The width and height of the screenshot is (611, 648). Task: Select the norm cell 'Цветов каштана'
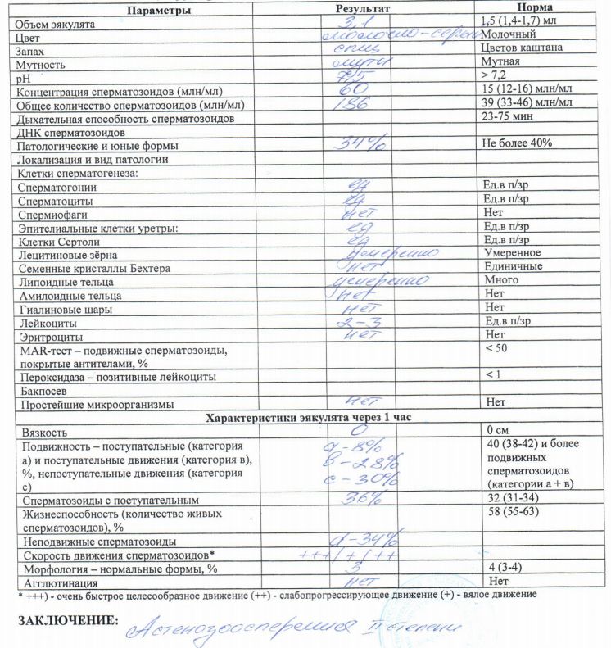522,49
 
